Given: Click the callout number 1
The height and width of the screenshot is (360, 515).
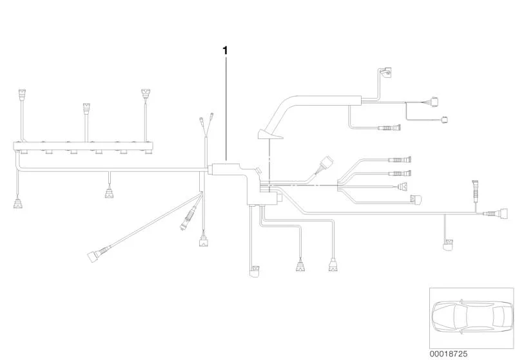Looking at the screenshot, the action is click(225, 50).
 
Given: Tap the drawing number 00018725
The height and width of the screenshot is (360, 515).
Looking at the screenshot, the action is click(449, 354).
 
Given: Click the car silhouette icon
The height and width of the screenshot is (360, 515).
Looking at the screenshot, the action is click(472, 317).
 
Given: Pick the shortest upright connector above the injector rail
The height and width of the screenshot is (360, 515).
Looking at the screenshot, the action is click(86, 108).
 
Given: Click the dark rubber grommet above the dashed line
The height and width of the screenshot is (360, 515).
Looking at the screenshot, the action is click(270, 134).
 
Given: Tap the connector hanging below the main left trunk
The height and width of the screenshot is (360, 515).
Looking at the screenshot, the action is click(109, 193).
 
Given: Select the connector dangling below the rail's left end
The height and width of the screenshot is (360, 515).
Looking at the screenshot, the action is click(18, 203).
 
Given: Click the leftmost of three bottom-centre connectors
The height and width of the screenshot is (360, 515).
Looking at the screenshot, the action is click(254, 271).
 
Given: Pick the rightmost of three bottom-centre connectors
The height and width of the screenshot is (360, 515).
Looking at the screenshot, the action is click(333, 265).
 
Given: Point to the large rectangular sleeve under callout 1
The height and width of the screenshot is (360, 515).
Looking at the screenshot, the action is click(227, 169).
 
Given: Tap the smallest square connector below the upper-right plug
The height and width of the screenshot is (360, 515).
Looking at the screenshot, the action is click(445, 120).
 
